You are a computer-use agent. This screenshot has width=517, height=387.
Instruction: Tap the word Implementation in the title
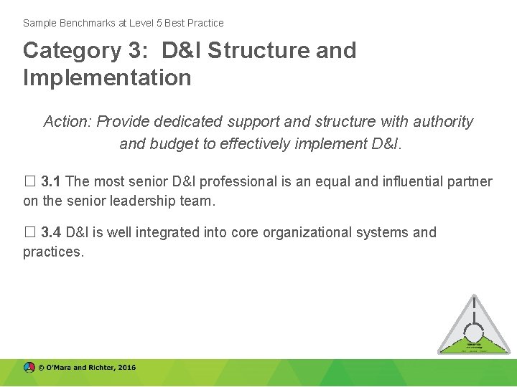pyautogui.click(x=107, y=77)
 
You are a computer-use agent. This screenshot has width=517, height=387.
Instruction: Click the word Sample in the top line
pyautogui.click(x=39, y=23)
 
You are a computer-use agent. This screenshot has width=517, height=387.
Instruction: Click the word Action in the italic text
pyautogui.click(x=67, y=122)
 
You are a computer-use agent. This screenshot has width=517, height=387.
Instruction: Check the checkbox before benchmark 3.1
pyautogui.click(x=29, y=182)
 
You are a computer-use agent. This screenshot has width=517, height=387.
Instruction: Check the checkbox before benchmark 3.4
pyautogui.click(x=29, y=233)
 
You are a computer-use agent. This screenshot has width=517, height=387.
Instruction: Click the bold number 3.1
pyautogui.click(x=51, y=182)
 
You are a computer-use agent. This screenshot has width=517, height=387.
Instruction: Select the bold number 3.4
pyautogui.click(x=51, y=233)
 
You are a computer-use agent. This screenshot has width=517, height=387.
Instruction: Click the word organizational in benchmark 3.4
pyautogui.click(x=311, y=233)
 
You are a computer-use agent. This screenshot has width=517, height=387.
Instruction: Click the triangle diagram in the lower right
pyautogui.click(x=473, y=326)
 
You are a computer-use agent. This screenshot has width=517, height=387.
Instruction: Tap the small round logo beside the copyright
pyautogui.click(x=29, y=368)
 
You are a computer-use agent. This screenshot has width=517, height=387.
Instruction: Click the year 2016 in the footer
pyautogui.click(x=126, y=368)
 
